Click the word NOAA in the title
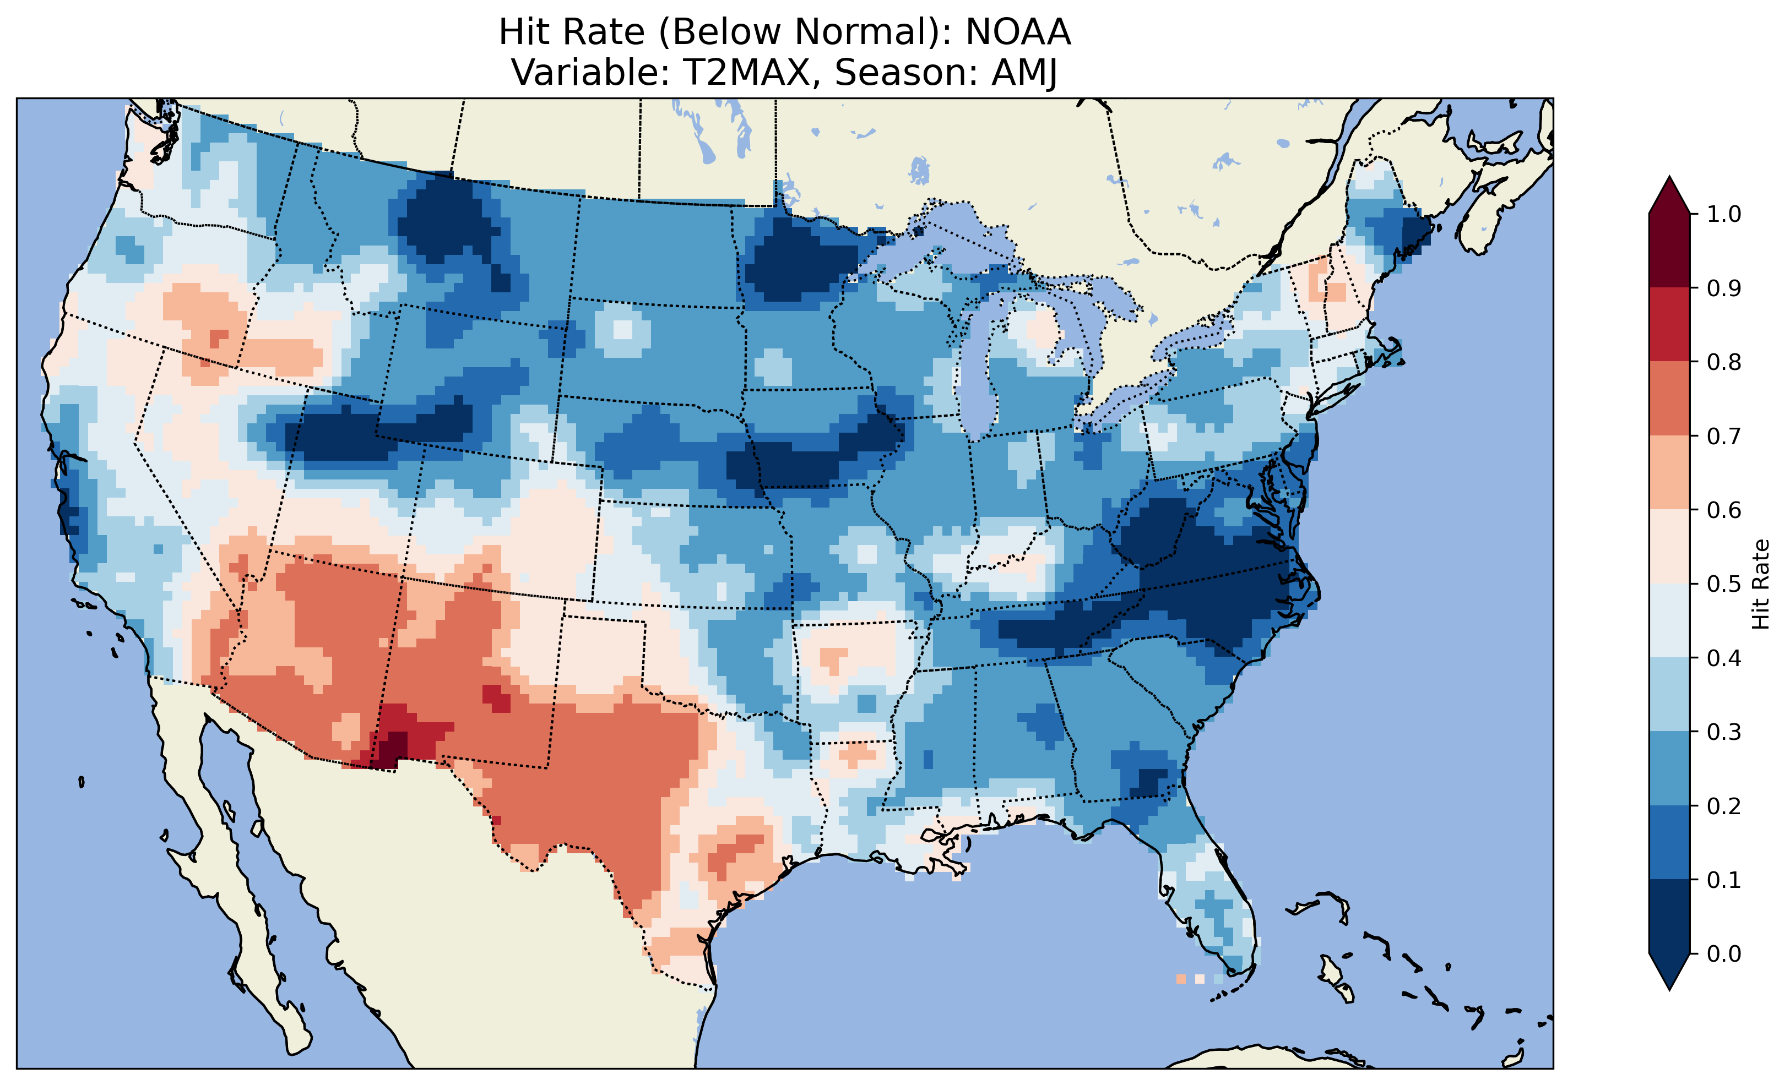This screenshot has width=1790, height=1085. (1018, 32)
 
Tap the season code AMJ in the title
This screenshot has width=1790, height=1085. (1024, 73)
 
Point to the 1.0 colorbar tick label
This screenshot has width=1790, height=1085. (1724, 214)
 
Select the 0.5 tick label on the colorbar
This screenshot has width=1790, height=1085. (1724, 584)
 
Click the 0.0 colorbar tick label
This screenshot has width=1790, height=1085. (1724, 953)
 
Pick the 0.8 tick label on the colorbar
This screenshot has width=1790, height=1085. (1724, 362)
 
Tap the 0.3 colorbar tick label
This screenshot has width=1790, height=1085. (1724, 732)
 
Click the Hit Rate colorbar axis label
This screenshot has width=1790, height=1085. (1760, 584)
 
